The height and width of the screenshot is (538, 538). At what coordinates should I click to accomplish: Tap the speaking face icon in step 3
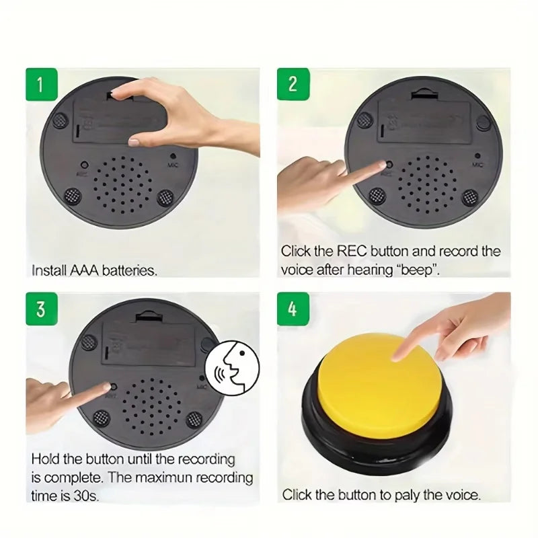(x=232, y=367)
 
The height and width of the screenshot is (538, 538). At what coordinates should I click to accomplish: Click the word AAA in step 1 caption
(x=84, y=271)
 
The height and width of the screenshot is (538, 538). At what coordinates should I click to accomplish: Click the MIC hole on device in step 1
(x=173, y=156)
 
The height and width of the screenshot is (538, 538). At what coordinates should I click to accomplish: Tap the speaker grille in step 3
(x=151, y=403)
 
